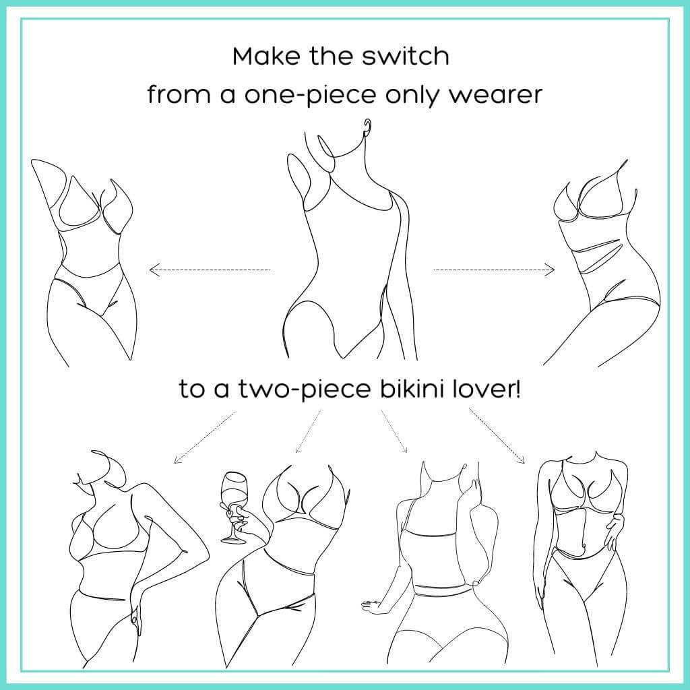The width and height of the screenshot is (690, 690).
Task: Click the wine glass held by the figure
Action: (x=232, y=506)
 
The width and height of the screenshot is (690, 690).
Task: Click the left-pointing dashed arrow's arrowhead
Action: (x=154, y=270)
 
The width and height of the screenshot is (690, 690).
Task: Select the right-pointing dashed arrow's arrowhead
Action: (x=550, y=270)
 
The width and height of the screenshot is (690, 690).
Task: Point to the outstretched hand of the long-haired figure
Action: (x=373, y=606)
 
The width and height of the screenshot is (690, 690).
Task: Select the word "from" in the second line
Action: (x=179, y=94)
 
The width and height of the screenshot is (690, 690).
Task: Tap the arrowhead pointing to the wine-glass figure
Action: (x=298, y=449)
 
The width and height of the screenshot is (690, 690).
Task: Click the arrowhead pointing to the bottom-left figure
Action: (x=177, y=460)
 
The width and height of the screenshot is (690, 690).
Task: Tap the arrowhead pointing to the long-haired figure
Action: (x=405, y=449)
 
